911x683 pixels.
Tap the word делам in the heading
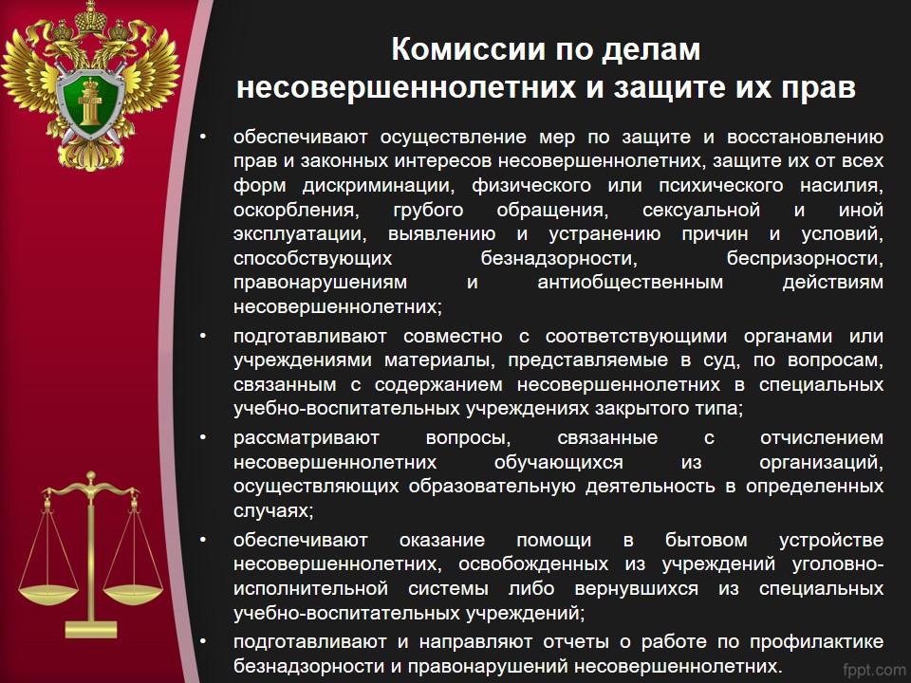click(651, 50)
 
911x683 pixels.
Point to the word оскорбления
click(296, 211)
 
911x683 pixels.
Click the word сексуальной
click(701, 210)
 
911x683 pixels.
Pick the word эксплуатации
click(300, 234)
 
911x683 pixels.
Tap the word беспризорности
click(806, 259)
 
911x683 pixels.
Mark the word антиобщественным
click(630, 283)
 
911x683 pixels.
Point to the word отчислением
click(822, 438)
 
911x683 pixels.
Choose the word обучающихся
click(558, 463)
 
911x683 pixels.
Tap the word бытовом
click(706, 540)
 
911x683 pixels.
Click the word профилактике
click(817, 642)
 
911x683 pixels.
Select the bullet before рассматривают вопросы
click(203, 436)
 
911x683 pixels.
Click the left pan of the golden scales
click(48, 594)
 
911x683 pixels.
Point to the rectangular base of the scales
click(91, 630)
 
